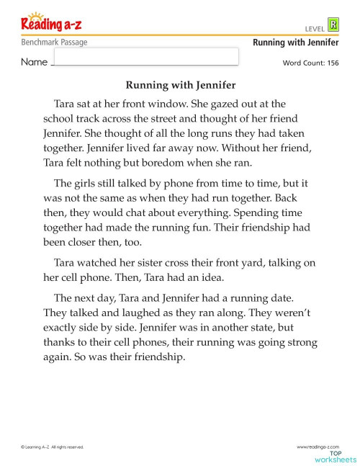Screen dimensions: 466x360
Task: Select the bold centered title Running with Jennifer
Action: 180,85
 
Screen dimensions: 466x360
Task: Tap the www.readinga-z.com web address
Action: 318,447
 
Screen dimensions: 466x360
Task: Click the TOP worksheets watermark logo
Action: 335,457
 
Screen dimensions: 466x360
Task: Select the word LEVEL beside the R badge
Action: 315,28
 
